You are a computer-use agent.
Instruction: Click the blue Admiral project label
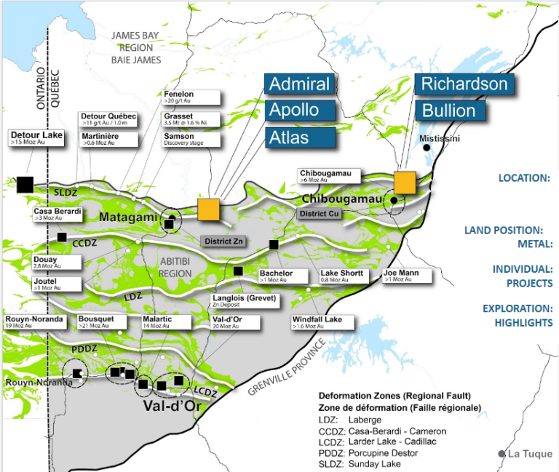click(300, 84)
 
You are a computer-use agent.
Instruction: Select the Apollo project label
click(300, 111)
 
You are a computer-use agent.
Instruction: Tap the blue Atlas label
click(300, 137)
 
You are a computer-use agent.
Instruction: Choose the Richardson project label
click(464, 84)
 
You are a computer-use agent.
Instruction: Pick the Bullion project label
click(448, 111)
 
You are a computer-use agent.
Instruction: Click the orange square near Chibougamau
click(405, 183)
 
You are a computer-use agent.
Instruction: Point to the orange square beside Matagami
click(208, 209)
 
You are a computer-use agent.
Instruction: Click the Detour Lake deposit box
click(37, 138)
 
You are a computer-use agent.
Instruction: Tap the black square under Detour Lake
click(25, 183)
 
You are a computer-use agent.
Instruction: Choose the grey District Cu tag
click(319, 214)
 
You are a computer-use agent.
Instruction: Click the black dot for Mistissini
click(427, 148)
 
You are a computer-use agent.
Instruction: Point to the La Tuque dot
click(501, 454)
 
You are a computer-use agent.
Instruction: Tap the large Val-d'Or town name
click(171, 405)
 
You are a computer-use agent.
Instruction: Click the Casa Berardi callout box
click(58, 215)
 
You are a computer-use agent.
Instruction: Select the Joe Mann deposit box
click(406, 276)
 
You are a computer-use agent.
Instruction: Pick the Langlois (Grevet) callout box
click(244, 301)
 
